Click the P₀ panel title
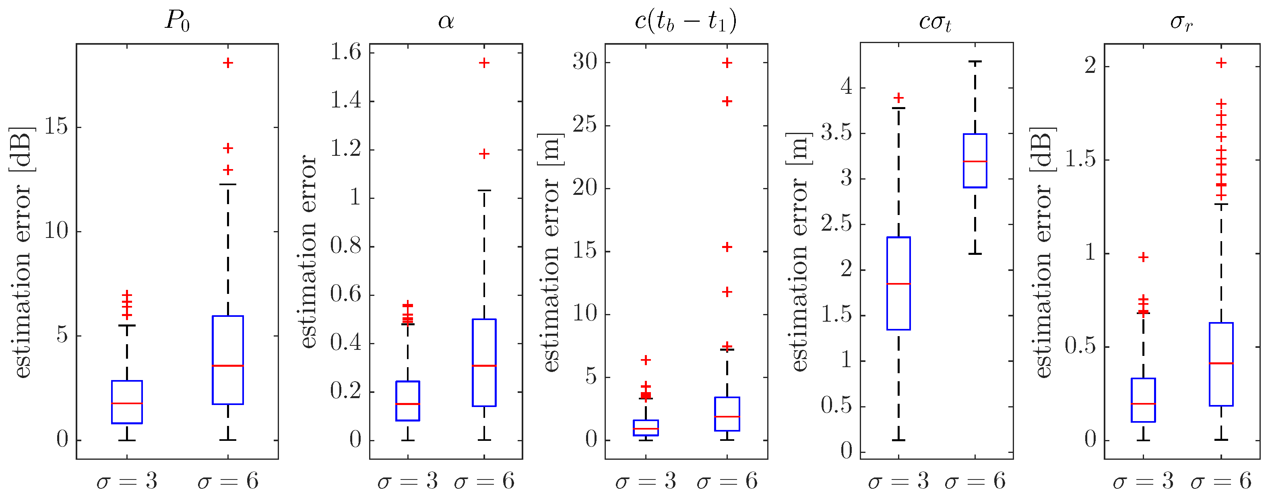point(177,21)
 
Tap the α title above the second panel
point(446,21)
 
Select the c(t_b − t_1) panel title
point(686,21)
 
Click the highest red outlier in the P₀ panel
point(228,63)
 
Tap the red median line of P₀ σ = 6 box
point(228,366)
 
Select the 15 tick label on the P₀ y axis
point(56,126)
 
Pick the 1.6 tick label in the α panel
point(346,52)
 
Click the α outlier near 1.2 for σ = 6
point(484,154)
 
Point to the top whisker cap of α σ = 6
point(484,190)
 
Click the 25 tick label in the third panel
point(585,125)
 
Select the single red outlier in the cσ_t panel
point(899,97)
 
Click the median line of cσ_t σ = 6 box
point(975,161)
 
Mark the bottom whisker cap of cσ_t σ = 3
point(899,440)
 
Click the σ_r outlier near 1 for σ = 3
point(1143,257)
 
